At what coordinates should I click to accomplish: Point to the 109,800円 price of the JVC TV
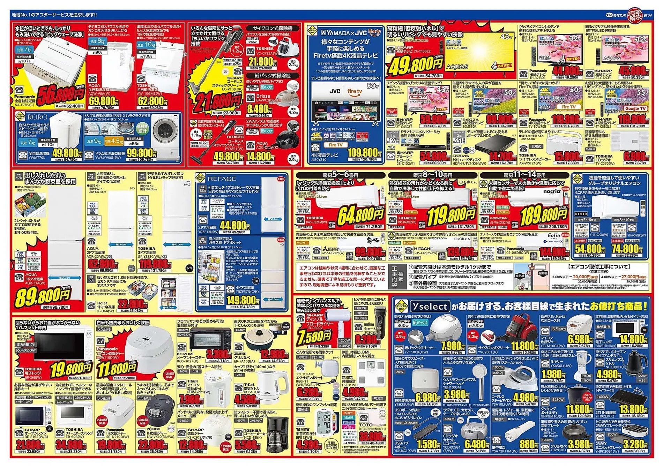coord(363,152)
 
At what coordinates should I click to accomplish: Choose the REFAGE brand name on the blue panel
coord(222,179)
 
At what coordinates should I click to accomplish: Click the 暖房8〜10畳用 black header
coord(433,175)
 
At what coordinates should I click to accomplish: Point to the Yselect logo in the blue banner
coord(429,307)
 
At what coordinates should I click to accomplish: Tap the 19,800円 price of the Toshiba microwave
coord(71,368)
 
